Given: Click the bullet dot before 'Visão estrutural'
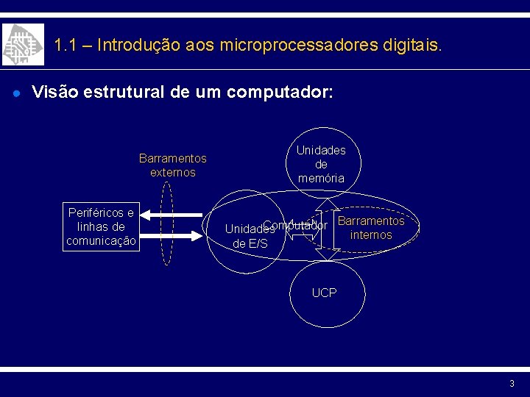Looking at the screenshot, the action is [x=15, y=93].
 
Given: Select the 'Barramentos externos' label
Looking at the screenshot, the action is [x=172, y=165].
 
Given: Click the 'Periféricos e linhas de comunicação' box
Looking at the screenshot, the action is [x=101, y=227].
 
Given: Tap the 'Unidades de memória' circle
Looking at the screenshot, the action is [x=321, y=164].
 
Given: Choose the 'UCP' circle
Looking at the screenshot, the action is [x=324, y=293].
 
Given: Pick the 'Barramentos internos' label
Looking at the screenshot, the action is [x=371, y=228].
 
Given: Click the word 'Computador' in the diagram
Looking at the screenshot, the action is [x=295, y=225].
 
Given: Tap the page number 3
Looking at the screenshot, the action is [x=512, y=384].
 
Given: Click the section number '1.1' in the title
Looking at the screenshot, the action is [x=66, y=45].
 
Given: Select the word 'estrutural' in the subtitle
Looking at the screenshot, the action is [x=124, y=93].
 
